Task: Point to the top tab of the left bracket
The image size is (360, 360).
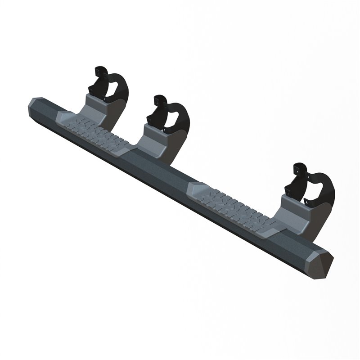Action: tap(100, 71)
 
